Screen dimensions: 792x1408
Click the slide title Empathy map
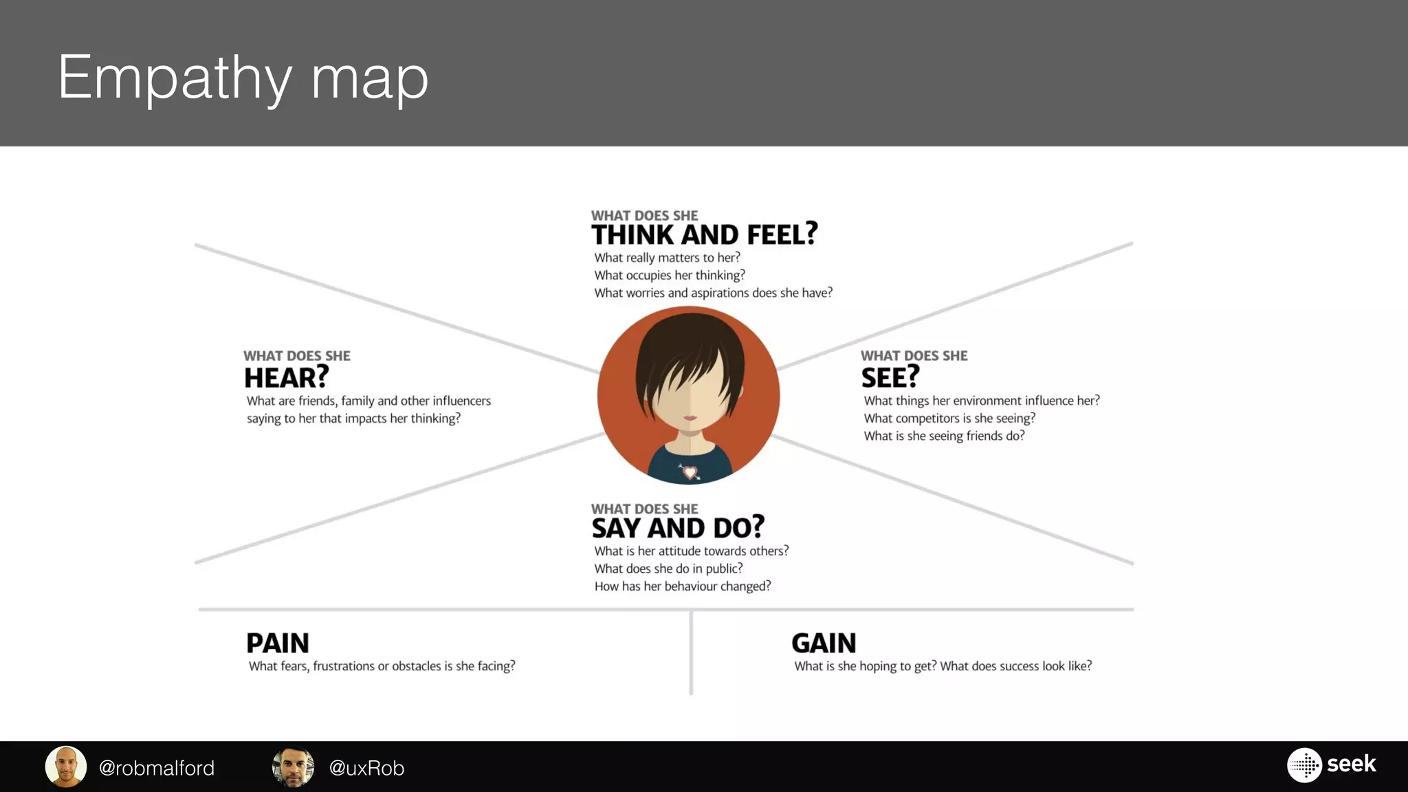[x=243, y=77]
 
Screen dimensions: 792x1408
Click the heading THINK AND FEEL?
[x=704, y=235]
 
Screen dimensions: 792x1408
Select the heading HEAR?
[x=286, y=377]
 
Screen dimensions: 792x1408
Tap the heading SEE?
[x=890, y=377]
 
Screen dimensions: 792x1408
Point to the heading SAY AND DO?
[x=677, y=528]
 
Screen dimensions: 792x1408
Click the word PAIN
[x=278, y=643]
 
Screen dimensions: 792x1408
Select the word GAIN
[x=824, y=643]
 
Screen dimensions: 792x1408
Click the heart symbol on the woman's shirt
[x=690, y=472]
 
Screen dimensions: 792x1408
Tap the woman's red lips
[x=690, y=418]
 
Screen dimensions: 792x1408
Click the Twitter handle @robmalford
[x=157, y=768]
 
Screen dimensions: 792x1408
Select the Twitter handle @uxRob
[x=366, y=768]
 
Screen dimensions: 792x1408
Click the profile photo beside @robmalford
[x=66, y=767]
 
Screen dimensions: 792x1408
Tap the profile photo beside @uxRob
[x=294, y=767]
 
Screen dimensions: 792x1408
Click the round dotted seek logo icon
[x=1304, y=765]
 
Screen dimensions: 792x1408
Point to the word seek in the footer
[x=1351, y=764]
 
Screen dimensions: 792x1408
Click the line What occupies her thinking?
[x=670, y=275]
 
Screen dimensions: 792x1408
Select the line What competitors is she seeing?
[x=949, y=418]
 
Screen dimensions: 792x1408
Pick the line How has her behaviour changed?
[x=683, y=586]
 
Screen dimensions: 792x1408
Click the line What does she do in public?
[x=668, y=569]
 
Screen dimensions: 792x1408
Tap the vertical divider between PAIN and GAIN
[x=691, y=653]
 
